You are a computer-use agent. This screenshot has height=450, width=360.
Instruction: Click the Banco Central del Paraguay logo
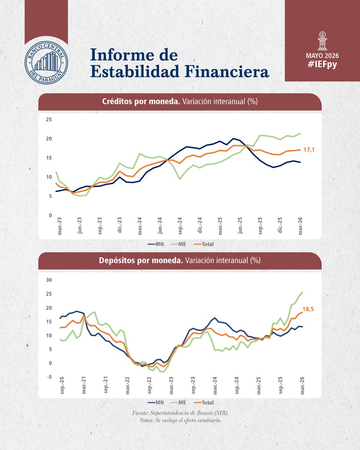click(46, 62)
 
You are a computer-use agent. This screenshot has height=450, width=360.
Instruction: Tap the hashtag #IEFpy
click(322, 64)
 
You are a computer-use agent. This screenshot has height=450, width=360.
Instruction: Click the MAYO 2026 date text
click(322, 55)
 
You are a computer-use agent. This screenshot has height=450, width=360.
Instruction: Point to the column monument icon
click(322, 41)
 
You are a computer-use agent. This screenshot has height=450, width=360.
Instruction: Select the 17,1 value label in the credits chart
click(309, 150)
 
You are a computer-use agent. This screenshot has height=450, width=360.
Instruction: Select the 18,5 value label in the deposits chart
click(308, 309)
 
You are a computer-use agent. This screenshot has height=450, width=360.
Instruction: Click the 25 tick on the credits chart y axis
click(49, 120)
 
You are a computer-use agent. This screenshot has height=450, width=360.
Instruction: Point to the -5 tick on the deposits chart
click(49, 377)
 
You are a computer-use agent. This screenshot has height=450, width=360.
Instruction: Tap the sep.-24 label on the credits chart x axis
click(180, 226)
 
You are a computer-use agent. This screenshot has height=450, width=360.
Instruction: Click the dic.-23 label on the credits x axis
click(120, 225)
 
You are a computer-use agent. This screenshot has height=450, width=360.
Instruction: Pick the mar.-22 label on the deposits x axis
click(127, 386)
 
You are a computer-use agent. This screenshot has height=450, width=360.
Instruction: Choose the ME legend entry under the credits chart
click(178, 244)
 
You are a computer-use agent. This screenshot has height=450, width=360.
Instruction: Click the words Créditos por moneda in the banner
click(141, 102)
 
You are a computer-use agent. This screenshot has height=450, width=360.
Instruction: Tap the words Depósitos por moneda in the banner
click(141, 261)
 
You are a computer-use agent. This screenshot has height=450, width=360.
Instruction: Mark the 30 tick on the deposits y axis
click(49, 280)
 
